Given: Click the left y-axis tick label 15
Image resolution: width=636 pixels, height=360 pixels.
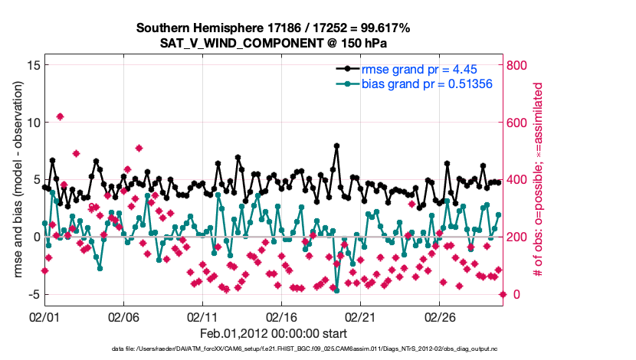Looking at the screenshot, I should pos(33,65).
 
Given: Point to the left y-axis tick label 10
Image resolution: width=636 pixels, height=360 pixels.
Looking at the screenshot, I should pos(33,123).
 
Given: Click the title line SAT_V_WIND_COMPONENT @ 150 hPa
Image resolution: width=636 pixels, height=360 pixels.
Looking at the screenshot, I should pos(273,43).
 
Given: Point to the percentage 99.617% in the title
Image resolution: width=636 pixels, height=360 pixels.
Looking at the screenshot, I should pos(385,28).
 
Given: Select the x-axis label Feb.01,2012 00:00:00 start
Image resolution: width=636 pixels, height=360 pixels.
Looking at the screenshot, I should pos(273,333).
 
